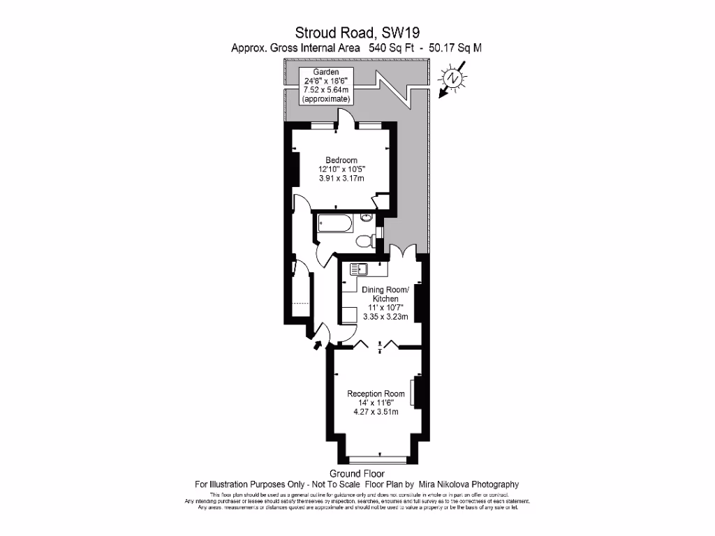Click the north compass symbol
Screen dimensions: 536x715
(454, 79)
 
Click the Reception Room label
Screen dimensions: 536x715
(376, 394)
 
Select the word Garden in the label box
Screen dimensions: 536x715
(326, 72)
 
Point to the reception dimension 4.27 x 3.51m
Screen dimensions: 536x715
(376, 412)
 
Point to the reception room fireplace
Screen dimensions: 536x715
(414, 393)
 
